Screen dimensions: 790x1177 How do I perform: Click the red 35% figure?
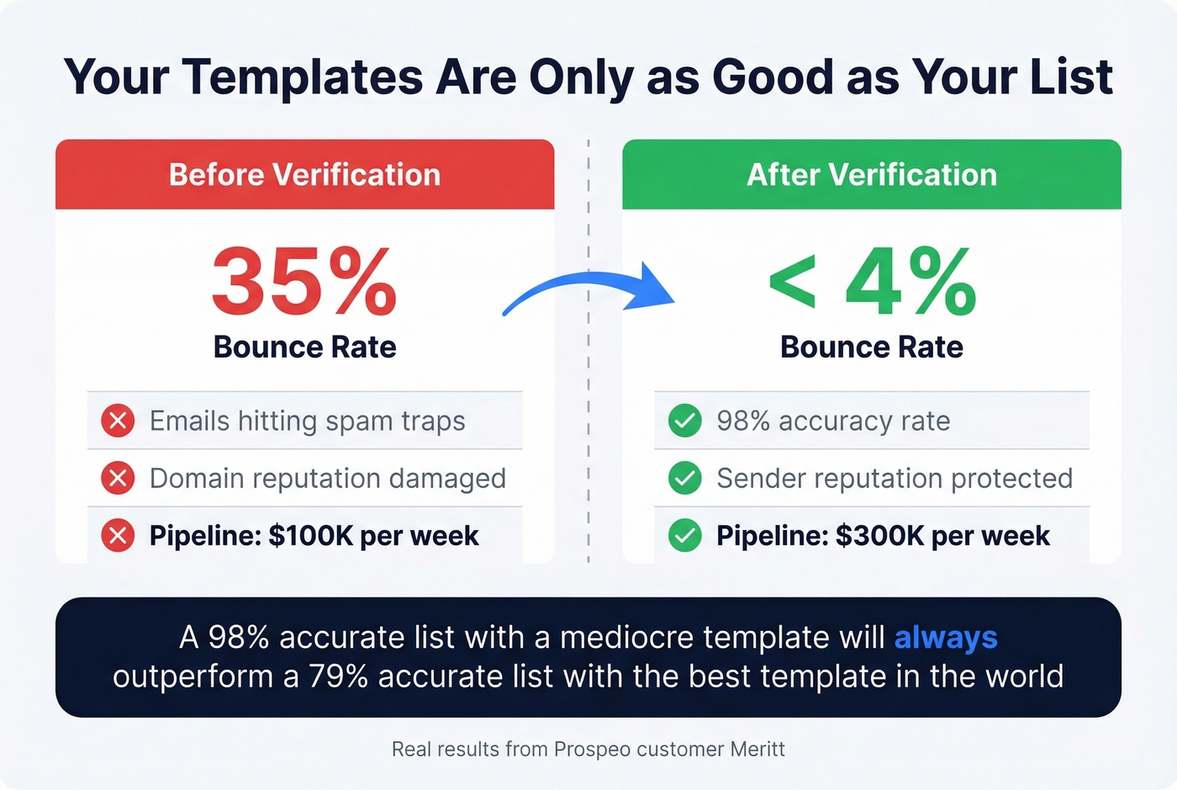(303, 282)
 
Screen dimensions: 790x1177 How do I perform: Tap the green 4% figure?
(910, 282)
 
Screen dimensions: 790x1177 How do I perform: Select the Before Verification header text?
(304, 175)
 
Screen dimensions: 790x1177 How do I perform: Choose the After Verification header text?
(872, 175)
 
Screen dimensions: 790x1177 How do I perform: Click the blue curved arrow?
(588, 290)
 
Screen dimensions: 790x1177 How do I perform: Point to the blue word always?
(946, 638)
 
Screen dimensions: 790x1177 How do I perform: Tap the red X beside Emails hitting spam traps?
(118, 421)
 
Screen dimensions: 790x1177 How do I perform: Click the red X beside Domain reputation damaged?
(118, 478)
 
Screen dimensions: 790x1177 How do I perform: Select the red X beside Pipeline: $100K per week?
(118, 535)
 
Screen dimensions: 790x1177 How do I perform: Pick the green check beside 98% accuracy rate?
(685, 421)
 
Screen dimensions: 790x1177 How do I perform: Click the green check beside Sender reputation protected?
(685, 478)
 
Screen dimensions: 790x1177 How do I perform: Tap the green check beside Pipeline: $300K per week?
(685, 535)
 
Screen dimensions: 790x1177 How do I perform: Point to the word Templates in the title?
(303, 78)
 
